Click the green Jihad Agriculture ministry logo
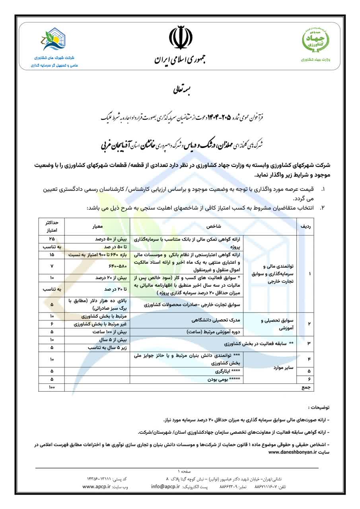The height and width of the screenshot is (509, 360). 316,41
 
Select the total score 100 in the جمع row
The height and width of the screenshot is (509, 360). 52,387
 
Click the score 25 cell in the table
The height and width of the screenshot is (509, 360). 52,239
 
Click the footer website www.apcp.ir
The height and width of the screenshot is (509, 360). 97,487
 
